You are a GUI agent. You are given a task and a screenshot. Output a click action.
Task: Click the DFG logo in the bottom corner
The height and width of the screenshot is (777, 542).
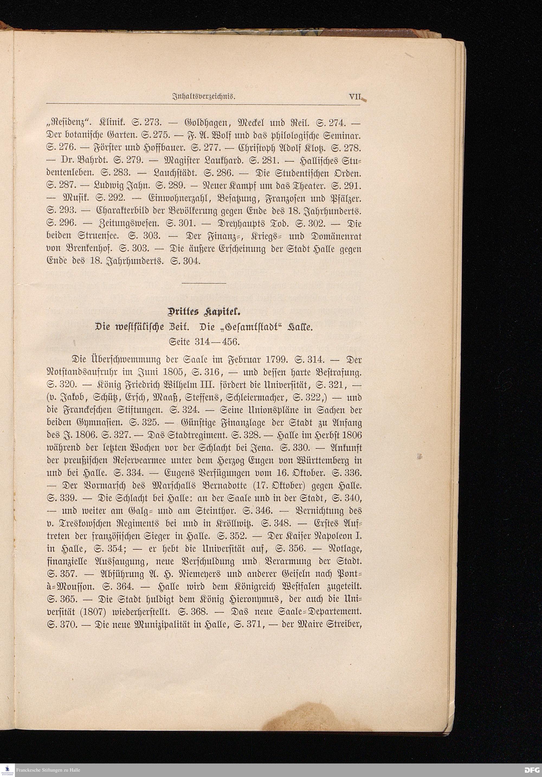tap(532, 770)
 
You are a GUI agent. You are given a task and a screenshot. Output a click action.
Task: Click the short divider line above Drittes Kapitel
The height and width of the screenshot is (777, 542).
tap(204, 282)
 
